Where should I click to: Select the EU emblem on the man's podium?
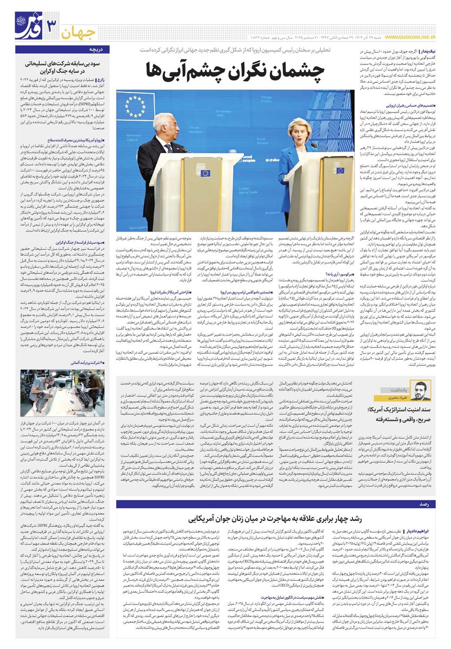coord(205,173)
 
